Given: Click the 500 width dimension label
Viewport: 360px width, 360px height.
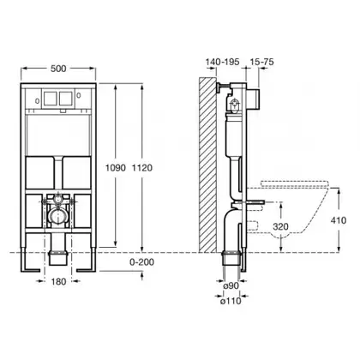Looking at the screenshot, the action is point(58,69).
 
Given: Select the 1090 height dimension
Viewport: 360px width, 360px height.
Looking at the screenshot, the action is point(116,168).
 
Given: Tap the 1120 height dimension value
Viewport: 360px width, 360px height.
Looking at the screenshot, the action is point(142,168).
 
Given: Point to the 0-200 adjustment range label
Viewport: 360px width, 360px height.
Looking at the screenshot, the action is point(142,262).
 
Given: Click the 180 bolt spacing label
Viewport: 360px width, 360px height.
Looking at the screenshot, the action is point(58,282).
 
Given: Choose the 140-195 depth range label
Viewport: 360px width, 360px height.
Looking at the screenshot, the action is point(223,62).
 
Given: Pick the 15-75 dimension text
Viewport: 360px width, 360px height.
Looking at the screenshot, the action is point(261,62).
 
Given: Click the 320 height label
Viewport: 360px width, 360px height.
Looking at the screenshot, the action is point(280,226).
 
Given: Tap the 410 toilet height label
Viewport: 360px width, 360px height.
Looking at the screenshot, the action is point(339,220).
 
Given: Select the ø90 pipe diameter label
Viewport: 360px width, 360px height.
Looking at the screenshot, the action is point(231,285).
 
